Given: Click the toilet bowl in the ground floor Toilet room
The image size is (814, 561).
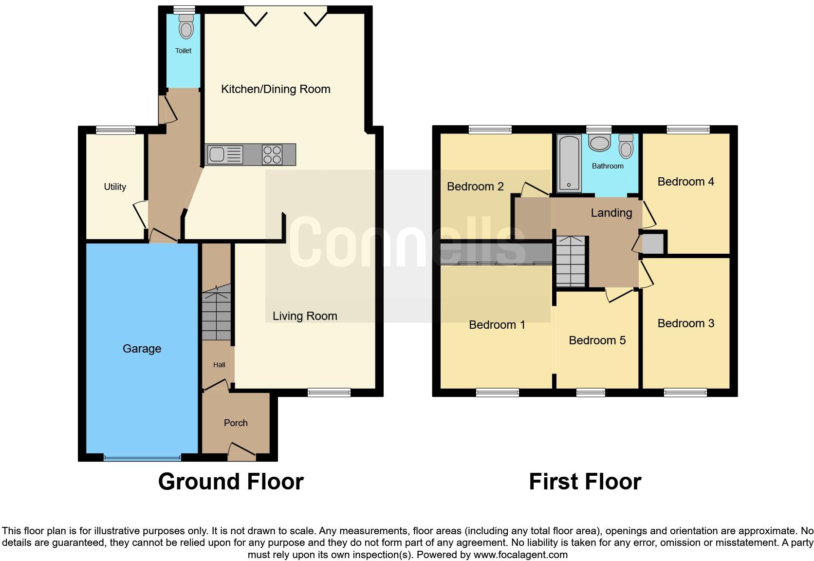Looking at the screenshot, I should tap(185, 27).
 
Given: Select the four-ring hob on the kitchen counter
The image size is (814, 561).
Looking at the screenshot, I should tap(272, 154).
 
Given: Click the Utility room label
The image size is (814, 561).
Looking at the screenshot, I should tap(115, 187).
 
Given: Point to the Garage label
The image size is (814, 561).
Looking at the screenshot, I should tap(142, 349).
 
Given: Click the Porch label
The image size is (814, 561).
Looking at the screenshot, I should tap(236, 423).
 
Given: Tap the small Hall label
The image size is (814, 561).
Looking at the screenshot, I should tap(219, 365).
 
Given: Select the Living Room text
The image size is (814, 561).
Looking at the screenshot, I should tap(305, 316).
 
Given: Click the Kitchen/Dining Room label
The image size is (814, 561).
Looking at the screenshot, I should tap(276, 89).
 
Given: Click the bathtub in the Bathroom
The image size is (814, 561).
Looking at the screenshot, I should tap(569, 163).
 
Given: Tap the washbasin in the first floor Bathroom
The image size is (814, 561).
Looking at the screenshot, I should tap(599, 143).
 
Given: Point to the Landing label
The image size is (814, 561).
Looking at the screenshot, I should tap(611, 213).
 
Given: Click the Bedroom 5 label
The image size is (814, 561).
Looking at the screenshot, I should tap(597, 340).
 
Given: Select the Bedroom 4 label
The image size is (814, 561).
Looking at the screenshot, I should tap(685, 182).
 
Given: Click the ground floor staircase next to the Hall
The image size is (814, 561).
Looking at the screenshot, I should tap(217, 314).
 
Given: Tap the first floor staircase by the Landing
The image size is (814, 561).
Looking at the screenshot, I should tap(571, 262).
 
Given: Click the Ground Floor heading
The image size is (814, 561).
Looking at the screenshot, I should tap(231, 482).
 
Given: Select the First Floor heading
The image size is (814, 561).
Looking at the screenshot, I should tap(585, 482).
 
